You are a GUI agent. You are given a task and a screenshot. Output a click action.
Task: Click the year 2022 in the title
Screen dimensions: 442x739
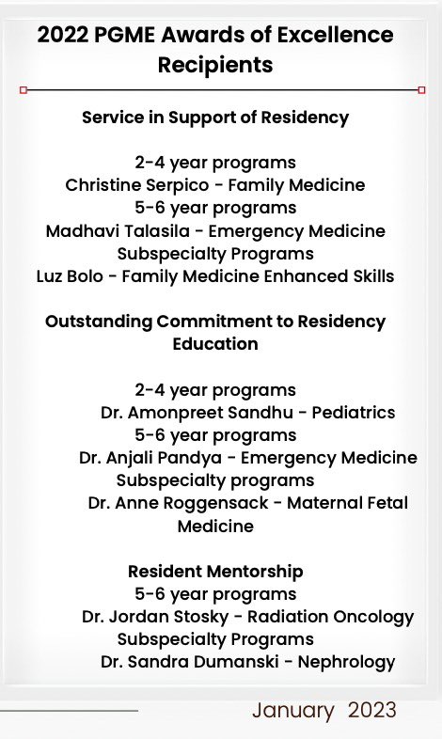(63, 36)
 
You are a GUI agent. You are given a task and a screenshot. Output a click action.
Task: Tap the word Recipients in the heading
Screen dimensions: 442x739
(216, 65)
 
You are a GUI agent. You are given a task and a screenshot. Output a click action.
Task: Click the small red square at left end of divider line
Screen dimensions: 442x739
(24, 90)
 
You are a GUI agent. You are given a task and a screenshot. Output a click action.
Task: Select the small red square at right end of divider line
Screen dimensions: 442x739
(421, 90)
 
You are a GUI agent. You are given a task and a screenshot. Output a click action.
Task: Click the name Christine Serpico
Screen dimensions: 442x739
(125, 185)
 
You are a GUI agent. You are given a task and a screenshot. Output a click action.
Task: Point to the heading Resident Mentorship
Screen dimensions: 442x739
(215, 571)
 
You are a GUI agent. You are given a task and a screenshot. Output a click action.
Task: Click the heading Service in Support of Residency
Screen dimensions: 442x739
(215, 118)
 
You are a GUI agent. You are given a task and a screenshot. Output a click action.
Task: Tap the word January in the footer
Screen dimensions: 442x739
(292, 710)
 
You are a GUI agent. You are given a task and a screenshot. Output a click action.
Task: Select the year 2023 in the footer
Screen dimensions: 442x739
(371, 710)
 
